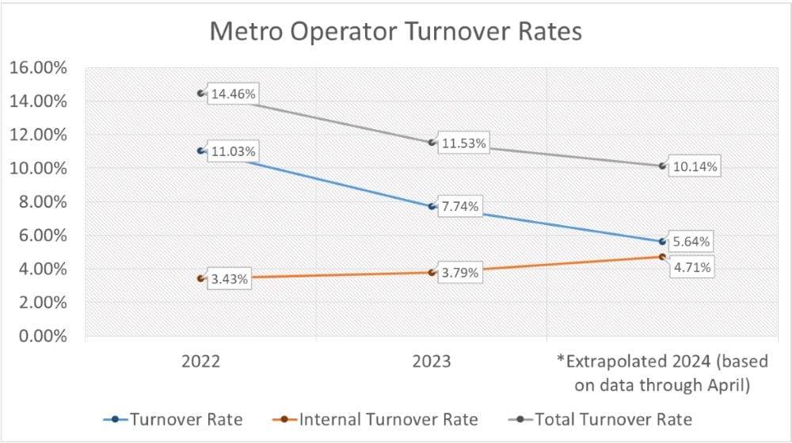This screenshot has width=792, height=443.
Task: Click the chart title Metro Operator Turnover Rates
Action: (x=395, y=32)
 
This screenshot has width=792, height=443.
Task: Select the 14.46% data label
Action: (x=232, y=94)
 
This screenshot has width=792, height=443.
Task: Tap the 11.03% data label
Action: (x=232, y=151)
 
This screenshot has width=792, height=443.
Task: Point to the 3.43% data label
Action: (x=229, y=279)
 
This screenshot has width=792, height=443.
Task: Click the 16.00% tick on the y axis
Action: (x=38, y=67)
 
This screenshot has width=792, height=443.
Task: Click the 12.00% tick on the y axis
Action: (x=38, y=135)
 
